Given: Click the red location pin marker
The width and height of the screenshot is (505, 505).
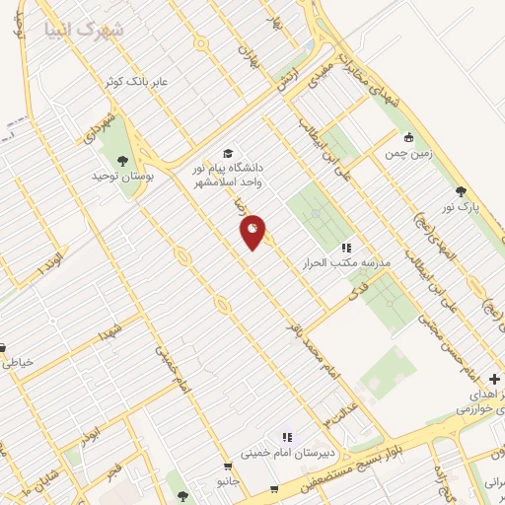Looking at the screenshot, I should [x=252, y=232].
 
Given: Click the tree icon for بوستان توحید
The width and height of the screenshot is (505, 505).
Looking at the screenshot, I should [x=122, y=160].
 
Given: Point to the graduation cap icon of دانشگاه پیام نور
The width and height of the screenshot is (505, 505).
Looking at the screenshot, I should [x=229, y=153].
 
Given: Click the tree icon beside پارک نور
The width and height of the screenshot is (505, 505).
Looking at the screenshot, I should [x=460, y=191].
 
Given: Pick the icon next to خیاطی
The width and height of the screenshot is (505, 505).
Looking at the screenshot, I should [x=3, y=347].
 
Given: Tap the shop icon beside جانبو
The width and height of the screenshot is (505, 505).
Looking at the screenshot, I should [x=228, y=467].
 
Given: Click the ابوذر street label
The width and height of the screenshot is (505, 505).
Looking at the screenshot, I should [x=91, y=438].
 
